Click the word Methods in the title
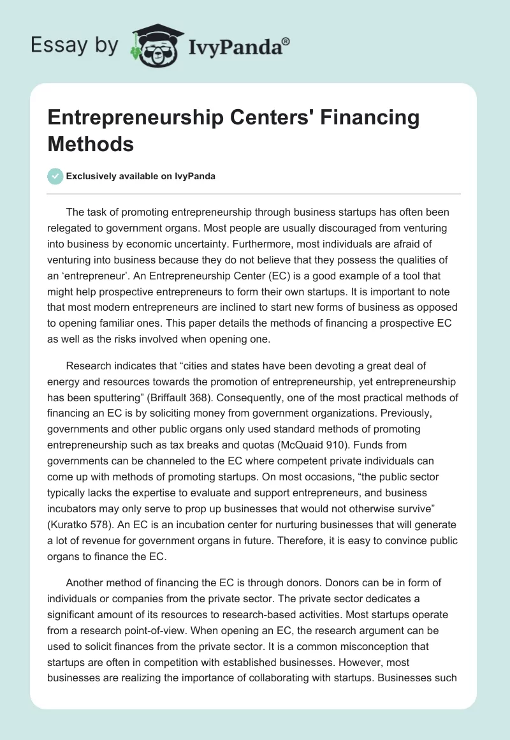(x=91, y=144)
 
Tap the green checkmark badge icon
(x=55, y=176)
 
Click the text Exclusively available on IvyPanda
(x=142, y=177)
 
